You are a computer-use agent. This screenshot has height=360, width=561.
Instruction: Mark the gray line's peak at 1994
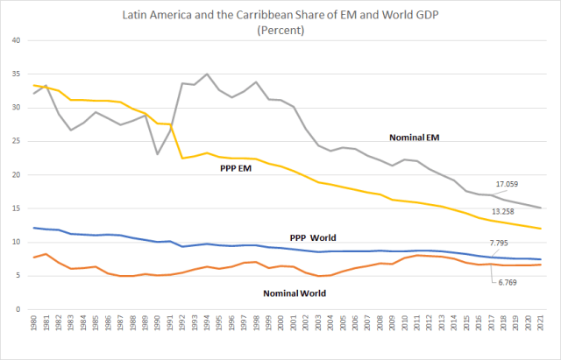[x=206, y=74]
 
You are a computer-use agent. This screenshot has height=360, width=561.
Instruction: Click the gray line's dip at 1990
[x=157, y=154]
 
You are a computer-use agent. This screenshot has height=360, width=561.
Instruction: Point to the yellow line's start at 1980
[x=33, y=85]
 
